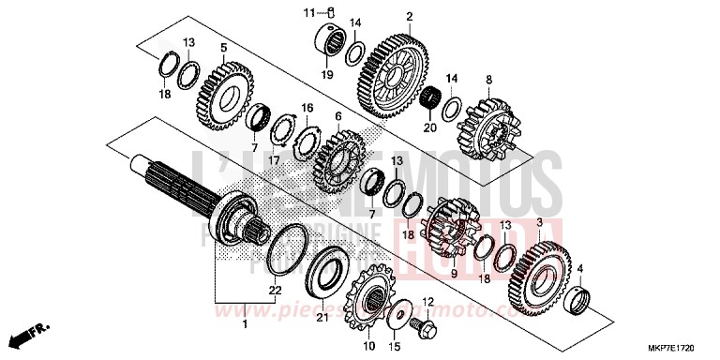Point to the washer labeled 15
398,315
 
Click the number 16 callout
307,109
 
